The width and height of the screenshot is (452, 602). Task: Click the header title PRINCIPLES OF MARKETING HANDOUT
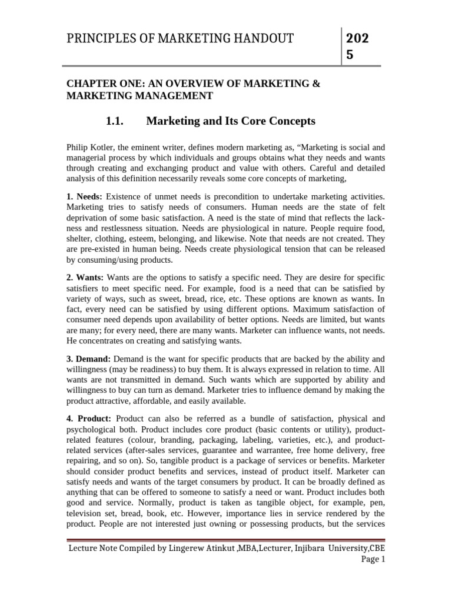click(x=180, y=39)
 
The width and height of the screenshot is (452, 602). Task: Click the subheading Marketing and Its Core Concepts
click(x=231, y=121)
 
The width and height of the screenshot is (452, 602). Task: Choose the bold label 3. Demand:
click(x=88, y=359)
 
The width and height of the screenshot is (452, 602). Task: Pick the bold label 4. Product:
click(x=89, y=419)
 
